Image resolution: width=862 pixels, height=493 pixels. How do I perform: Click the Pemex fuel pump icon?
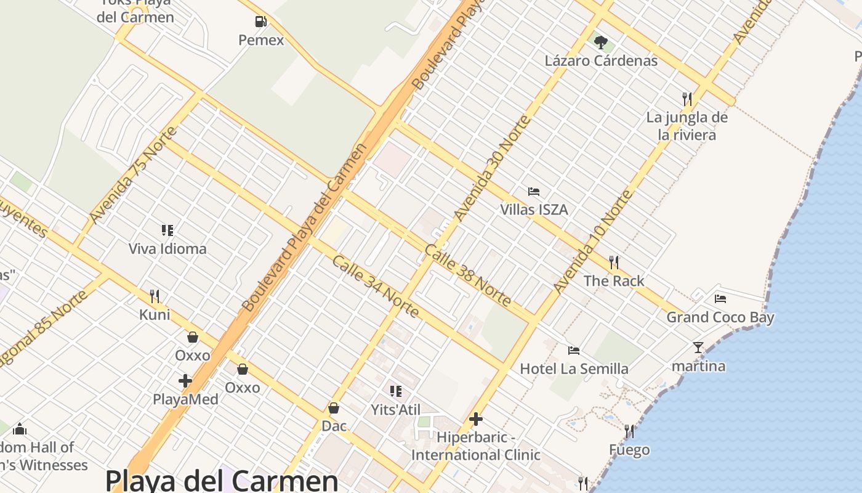click(x=261, y=22)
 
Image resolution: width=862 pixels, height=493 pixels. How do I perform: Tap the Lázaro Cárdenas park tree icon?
click(x=601, y=43)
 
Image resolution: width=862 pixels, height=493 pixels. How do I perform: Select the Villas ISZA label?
click(x=534, y=210)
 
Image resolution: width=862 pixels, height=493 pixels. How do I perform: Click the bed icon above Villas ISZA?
click(x=534, y=192)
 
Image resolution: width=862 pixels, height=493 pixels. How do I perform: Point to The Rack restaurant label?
click(x=614, y=281)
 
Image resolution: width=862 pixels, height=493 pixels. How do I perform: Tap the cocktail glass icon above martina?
click(x=698, y=348)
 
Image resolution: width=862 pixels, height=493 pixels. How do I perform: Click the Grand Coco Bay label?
click(x=720, y=317)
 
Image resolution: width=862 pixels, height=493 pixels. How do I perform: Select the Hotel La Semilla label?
click(x=574, y=369)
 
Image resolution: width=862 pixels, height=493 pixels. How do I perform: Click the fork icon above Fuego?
click(x=629, y=431)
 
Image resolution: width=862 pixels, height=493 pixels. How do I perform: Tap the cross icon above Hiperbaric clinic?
click(x=476, y=420)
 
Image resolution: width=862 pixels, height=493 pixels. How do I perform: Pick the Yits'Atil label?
click(x=396, y=410)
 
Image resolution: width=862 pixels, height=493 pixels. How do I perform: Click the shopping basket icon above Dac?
click(x=334, y=408)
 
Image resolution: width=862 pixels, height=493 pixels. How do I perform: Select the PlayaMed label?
click(x=185, y=399)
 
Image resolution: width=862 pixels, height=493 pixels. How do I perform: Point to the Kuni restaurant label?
click(x=155, y=315)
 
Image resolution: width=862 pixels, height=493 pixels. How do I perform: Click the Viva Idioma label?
click(x=167, y=249)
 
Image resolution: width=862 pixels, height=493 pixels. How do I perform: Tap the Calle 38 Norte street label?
click(x=468, y=275)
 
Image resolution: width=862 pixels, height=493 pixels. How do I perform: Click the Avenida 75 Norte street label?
click(x=133, y=176)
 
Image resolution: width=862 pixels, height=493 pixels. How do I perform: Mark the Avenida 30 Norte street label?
click(x=491, y=168)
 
